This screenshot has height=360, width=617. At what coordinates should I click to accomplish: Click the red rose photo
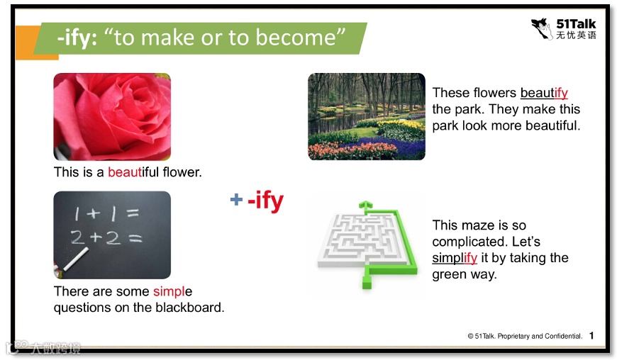[x=112, y=117]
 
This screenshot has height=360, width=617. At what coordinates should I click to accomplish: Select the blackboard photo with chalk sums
[x=112, y=235]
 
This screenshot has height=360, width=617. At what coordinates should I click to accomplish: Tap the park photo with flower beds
[x=367, y=117]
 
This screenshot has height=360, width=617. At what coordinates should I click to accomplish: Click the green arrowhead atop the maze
[x=365, y=205]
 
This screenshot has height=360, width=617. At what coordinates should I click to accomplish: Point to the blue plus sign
[x=236, y=199]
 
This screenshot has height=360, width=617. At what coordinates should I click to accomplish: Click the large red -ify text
[x=266, y=201]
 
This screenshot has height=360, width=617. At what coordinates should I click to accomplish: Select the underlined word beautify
[x=544, y=93]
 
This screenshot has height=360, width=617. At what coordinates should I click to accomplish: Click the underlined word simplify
[x=455, y=258]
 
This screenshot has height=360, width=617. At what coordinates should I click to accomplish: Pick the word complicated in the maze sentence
[x=464, y=242]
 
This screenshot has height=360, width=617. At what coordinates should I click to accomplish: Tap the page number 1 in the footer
[x=591, y=336]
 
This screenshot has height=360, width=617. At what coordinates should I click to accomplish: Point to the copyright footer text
[x=525, y=336]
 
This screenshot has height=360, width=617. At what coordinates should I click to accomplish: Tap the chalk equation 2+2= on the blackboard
[x=106, y=238]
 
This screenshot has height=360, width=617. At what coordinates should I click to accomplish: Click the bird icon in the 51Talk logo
[x=543, y=28]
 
